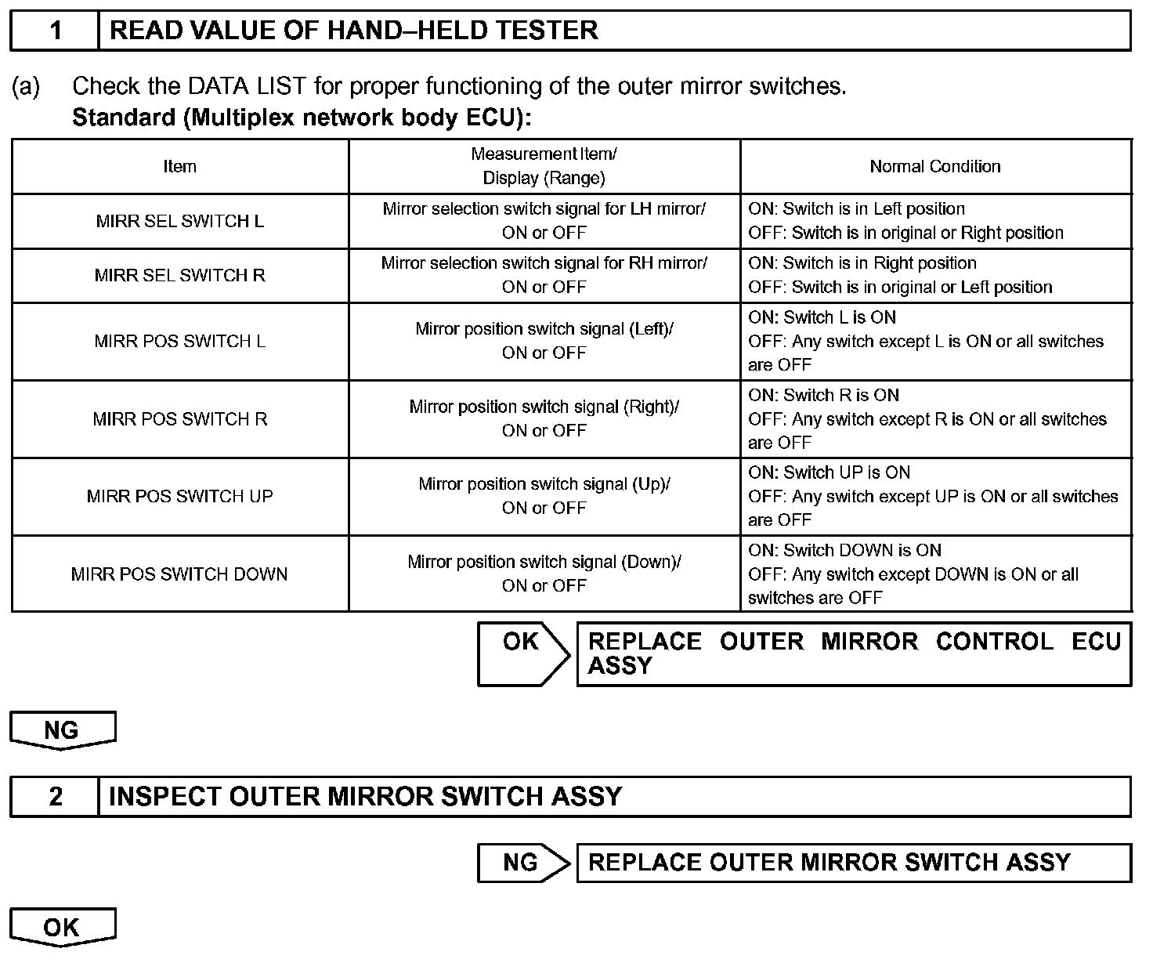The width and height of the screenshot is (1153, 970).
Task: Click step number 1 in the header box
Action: coord(56,31)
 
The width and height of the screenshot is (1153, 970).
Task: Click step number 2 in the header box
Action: coord(56,796)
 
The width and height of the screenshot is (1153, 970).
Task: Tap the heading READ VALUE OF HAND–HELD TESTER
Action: coord(353,31)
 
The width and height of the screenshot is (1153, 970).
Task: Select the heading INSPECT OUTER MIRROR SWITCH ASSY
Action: coord(365,796)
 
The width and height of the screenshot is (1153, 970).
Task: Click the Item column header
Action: coord(179,166)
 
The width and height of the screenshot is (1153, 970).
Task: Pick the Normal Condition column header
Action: coord(934,166)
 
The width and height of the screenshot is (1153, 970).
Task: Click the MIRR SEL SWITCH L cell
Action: coord(179,221)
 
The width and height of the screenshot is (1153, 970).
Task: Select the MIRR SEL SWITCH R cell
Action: coord(179,275)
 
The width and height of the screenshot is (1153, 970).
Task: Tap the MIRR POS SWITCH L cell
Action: coord(179,341)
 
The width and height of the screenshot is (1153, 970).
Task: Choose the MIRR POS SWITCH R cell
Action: coord(179,418)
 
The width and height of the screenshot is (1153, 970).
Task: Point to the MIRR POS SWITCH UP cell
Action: coord(179,496)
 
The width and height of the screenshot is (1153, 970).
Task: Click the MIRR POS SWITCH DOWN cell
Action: coord(179,574)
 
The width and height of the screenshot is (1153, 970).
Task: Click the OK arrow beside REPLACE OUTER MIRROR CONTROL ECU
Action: coord(522,653)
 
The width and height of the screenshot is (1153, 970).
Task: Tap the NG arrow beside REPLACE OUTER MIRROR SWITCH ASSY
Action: coord(522,862)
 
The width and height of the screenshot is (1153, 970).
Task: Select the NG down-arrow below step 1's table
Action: coord(62,729)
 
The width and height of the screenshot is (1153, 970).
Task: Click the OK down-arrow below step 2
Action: coord(62,927)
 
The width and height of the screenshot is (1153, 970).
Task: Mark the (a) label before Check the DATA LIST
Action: coord(25,86)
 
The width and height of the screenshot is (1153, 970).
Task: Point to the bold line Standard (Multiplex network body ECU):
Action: coord(302,118)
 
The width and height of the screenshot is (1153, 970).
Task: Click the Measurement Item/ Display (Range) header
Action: coord(544,166)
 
